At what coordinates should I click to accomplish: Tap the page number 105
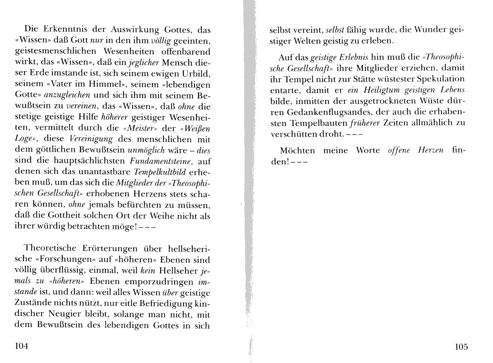(x=461, y=346)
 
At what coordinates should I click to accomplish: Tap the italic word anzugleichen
(x=67, y=95)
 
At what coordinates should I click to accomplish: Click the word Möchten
(x=297, y=150)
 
